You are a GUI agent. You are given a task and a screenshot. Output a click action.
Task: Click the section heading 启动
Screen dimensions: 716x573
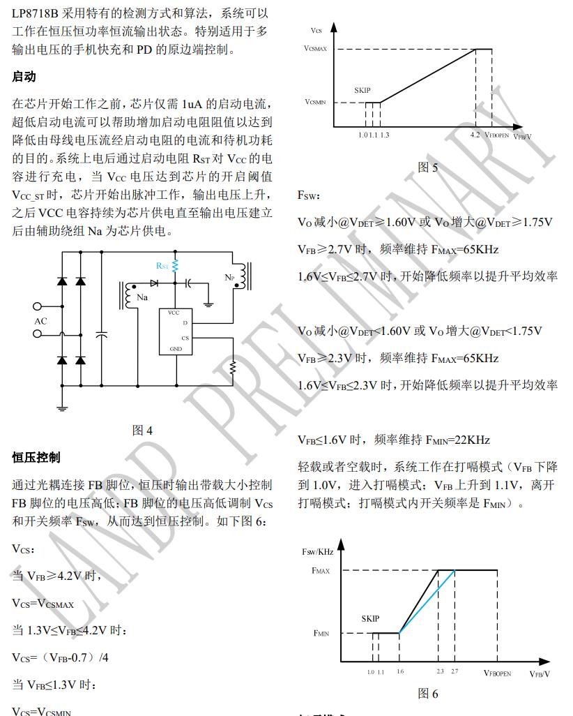point(24,77)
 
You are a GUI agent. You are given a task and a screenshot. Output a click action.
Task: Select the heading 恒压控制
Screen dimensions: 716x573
point(36,457)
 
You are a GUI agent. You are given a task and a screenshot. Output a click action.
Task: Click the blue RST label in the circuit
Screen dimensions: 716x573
point(162,266)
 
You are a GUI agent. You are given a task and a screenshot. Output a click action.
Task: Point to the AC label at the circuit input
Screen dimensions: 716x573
point(41,321)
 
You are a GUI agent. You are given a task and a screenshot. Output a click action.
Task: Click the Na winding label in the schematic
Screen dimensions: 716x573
point(143,298)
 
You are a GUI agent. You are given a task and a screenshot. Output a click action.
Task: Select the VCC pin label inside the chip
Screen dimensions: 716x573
point(174,312)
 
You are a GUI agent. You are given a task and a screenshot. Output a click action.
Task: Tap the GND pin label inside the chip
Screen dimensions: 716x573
point(176,348)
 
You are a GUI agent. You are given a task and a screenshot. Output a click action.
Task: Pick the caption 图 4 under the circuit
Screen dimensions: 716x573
point(142,431)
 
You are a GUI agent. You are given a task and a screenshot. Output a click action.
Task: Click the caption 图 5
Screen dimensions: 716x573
point(428,167)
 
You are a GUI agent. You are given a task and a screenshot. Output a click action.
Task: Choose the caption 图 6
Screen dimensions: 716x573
point(428,693)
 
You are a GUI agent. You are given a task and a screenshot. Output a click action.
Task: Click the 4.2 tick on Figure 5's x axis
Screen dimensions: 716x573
point(475,134)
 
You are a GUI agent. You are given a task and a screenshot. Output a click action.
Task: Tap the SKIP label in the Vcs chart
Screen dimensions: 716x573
point(362,91)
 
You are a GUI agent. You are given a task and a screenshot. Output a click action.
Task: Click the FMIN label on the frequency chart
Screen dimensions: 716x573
point(321,633)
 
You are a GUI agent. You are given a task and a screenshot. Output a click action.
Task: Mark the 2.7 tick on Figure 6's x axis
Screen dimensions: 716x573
point(454,672)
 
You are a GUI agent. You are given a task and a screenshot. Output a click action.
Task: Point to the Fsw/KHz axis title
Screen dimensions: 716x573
point(318,551)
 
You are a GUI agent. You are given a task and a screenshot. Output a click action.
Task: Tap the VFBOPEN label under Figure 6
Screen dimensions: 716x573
point(497,673)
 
